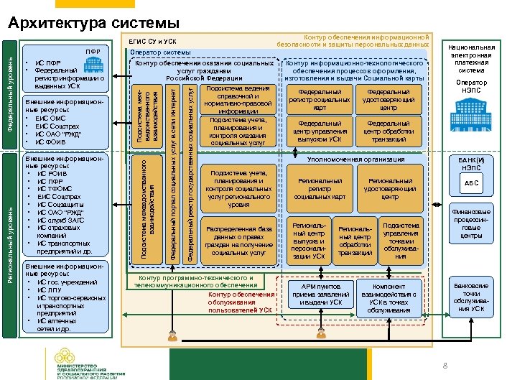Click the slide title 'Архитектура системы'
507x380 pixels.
coord(94,23)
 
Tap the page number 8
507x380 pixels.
coord(445,366)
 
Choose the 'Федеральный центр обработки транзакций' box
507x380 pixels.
coord(389,131)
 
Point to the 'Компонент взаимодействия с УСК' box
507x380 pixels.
coord(389,295)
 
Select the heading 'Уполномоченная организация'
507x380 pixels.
coord(355,159)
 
